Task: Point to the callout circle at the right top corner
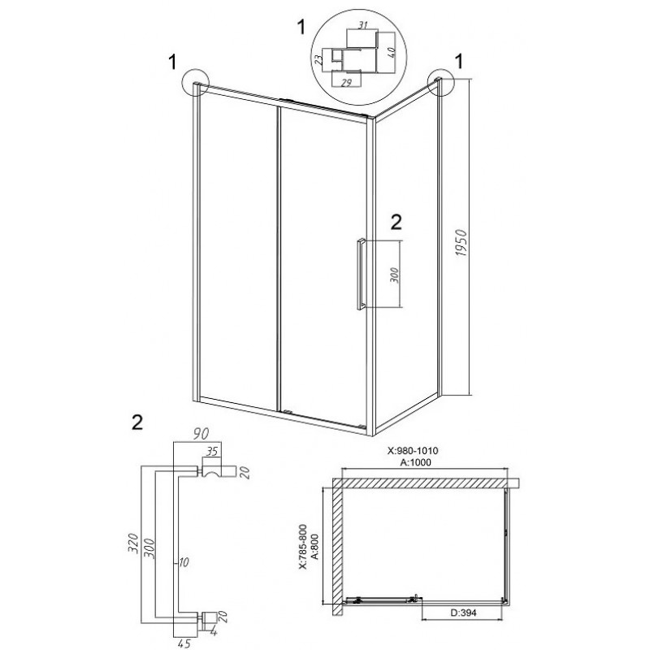443,82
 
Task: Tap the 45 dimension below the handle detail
186,643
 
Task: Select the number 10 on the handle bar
184,561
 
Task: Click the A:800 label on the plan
314,547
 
